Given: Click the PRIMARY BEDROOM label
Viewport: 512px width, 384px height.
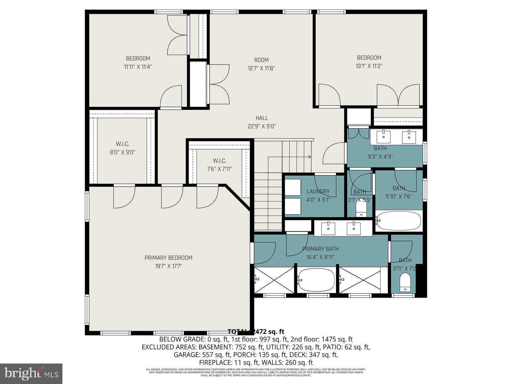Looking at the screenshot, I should click(168, 258).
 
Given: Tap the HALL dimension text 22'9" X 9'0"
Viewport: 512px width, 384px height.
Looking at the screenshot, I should click(261, 126).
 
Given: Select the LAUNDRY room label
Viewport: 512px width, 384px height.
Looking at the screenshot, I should click(318, 191).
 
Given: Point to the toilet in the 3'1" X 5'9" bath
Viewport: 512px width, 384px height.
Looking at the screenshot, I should click(361, 210).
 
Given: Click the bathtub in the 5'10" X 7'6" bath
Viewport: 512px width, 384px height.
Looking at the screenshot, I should click(398, 221).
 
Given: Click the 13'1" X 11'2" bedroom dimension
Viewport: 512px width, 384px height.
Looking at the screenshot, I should click(369, 66).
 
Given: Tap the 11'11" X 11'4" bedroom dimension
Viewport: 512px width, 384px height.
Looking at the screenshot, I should click(138, 67).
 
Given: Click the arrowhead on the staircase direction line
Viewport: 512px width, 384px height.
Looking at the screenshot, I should click(309, 157).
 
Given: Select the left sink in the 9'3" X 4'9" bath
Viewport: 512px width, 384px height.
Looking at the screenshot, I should click(383, 137).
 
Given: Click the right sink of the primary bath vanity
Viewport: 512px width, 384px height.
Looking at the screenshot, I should click(354, 228).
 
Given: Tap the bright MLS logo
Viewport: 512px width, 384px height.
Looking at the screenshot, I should click(31, 373).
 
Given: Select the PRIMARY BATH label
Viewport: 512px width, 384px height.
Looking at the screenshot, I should click(320, 249).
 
